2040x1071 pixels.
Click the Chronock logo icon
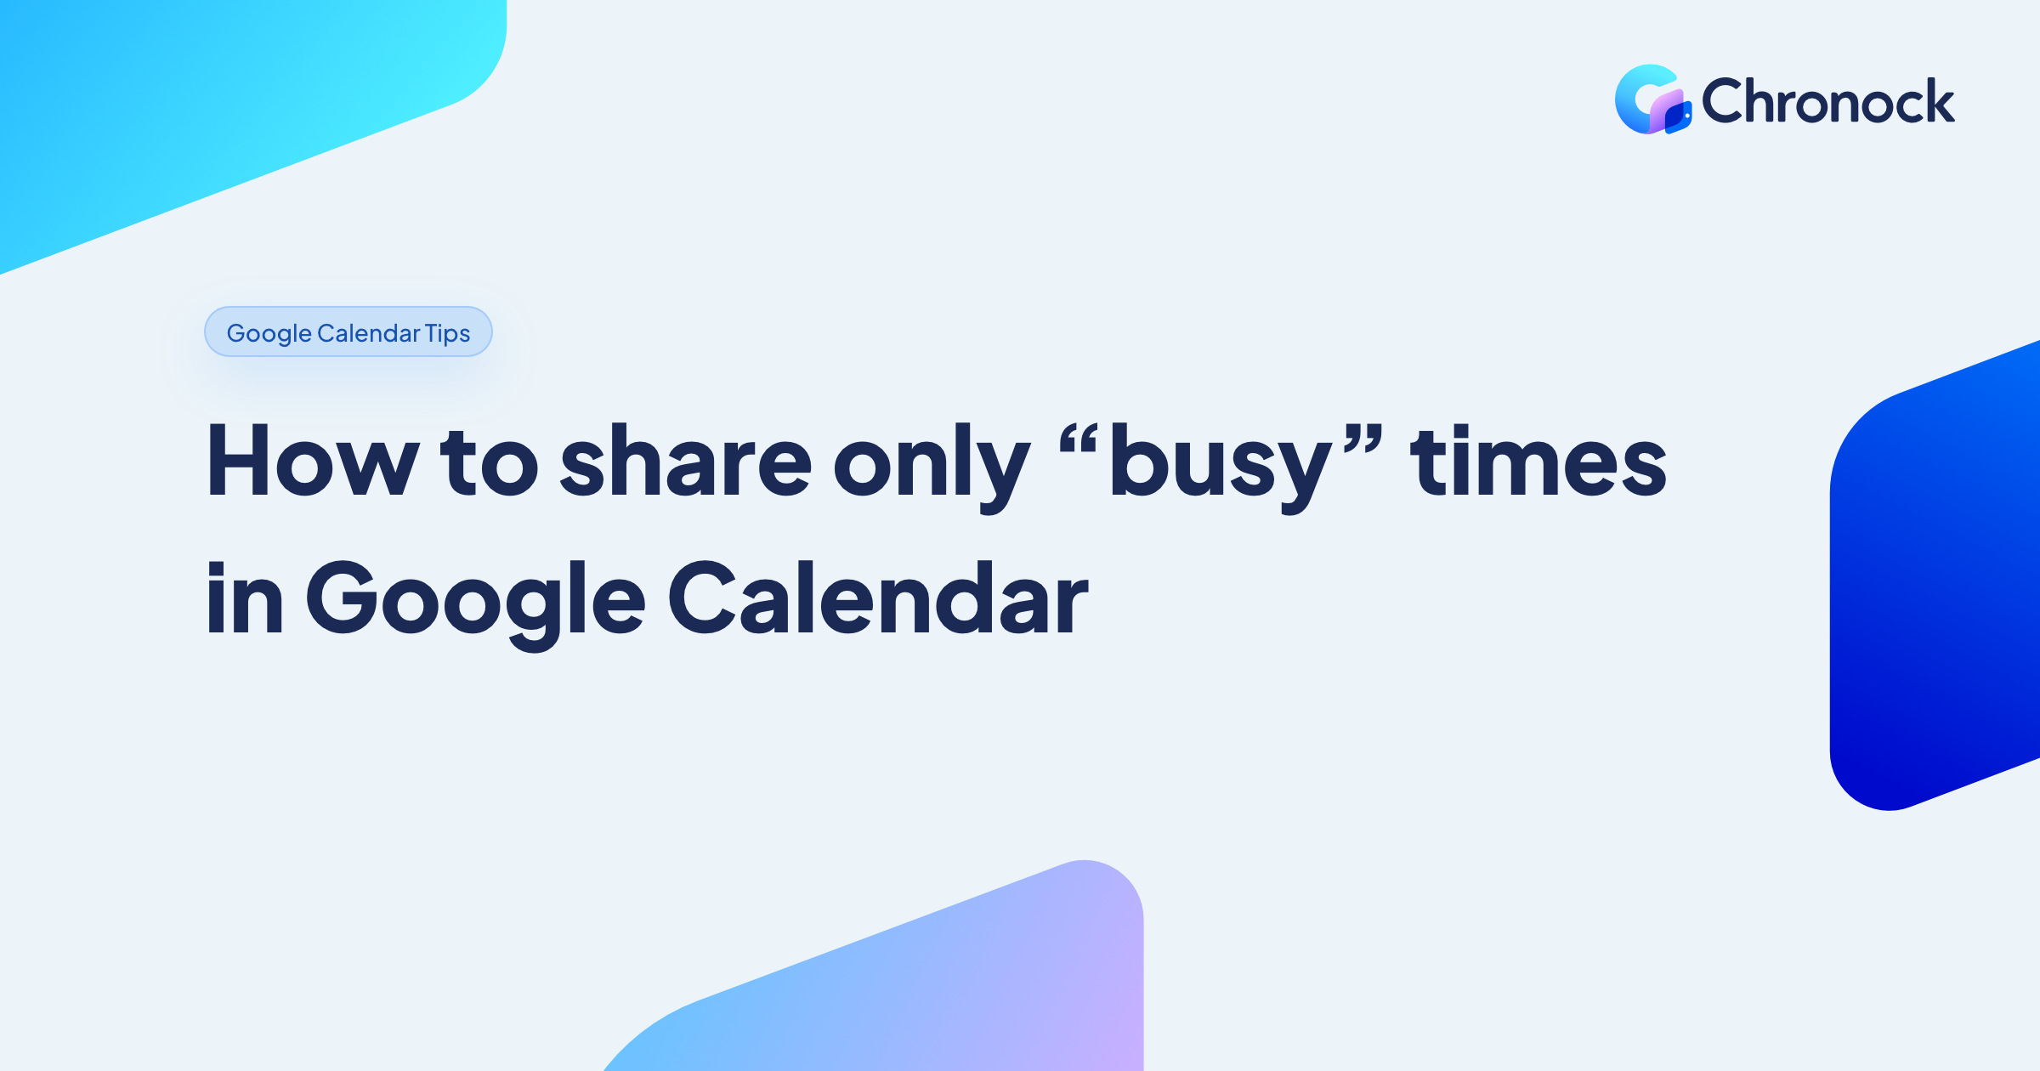[1652, 99]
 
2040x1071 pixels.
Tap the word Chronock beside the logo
[1828, 101]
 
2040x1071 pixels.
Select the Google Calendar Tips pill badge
[348, 331]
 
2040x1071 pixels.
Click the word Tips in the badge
[448, 333]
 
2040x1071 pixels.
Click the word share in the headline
[687, 460]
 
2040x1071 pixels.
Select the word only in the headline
[932, 468]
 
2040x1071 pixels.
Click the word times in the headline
[1538, 460]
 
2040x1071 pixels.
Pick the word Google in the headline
[476, 604]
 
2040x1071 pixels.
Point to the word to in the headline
[490, 462]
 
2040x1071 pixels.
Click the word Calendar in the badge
[369, 332]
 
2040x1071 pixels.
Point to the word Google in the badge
[269, 334]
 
